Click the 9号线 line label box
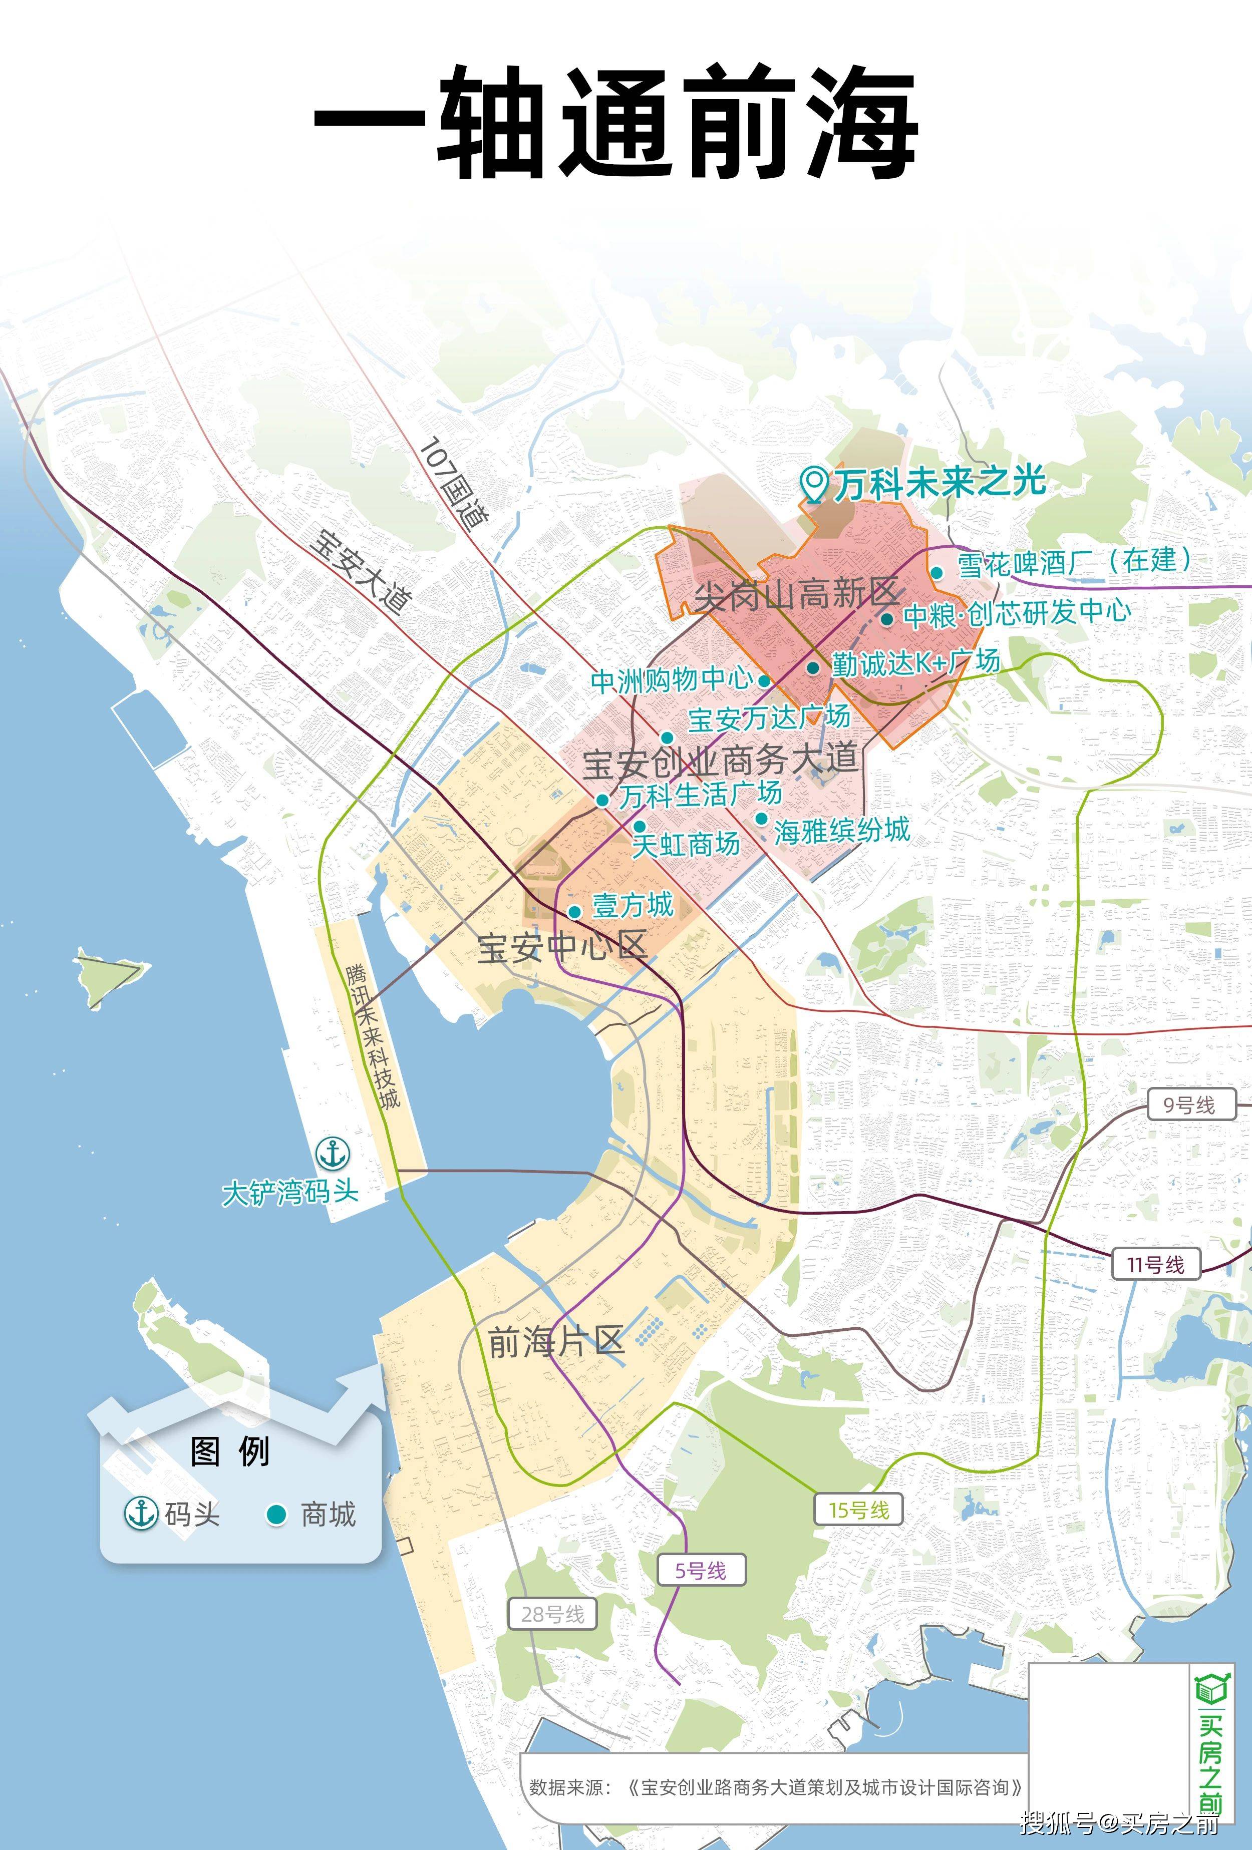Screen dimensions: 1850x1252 click(x=1191, y=1105)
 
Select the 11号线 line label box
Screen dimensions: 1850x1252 click(x=1155, y=1265)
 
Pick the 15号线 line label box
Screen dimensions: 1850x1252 click(x=858, y=1510)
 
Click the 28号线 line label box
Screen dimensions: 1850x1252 click(x=553, y=1614)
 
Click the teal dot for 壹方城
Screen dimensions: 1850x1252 click(x=574, y=911)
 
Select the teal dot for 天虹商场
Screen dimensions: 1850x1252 click(x=640, y=826)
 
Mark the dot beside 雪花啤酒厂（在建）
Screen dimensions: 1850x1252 click(x=937, y=572)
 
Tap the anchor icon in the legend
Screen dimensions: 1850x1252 click(x=142, y=1513)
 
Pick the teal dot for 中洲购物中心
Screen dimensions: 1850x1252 click(x=764, y=680)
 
